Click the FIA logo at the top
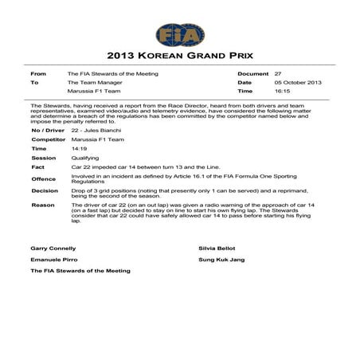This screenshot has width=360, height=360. tap(180, 34)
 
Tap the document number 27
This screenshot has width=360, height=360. tap(277, 73)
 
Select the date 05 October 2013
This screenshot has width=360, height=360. tap(299, 82)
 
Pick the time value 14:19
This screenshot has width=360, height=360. tap(79, 148)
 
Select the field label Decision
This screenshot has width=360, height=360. tap(45, 191)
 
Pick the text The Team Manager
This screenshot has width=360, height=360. tap(94, 82)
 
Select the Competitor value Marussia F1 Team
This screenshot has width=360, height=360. tap(96, 139)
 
